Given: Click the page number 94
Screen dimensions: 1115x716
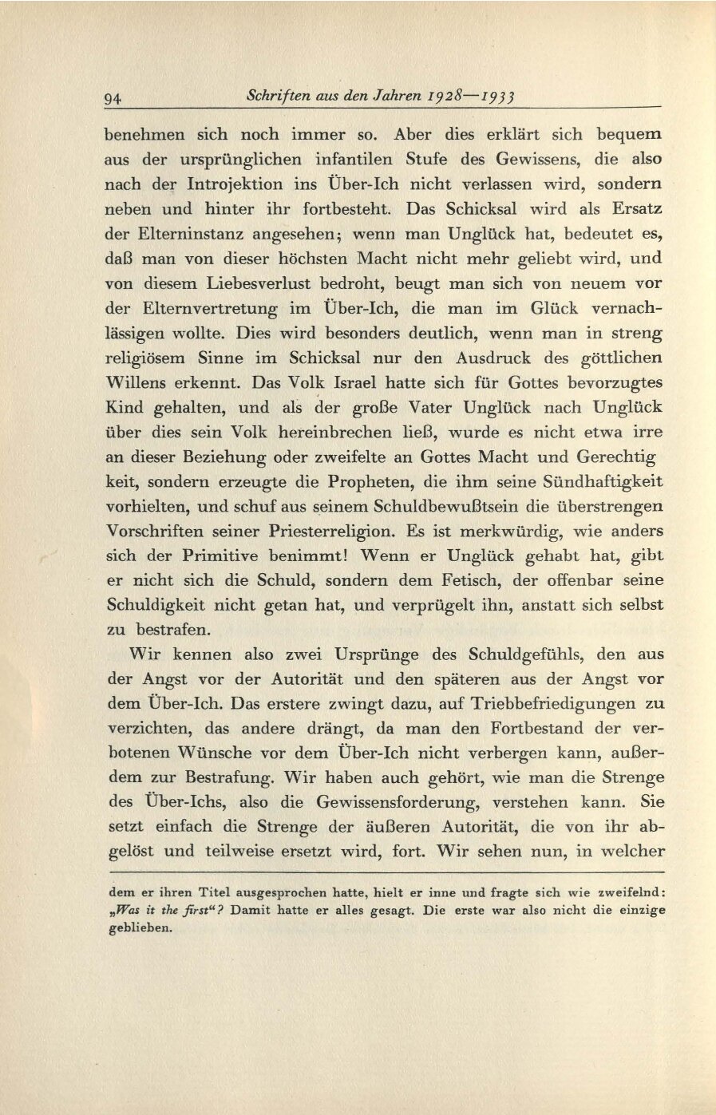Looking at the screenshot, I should point(113,98).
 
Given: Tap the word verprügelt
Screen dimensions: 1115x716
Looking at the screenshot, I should point(437,606).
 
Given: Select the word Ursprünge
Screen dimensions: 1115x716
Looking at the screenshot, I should point(366,655).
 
